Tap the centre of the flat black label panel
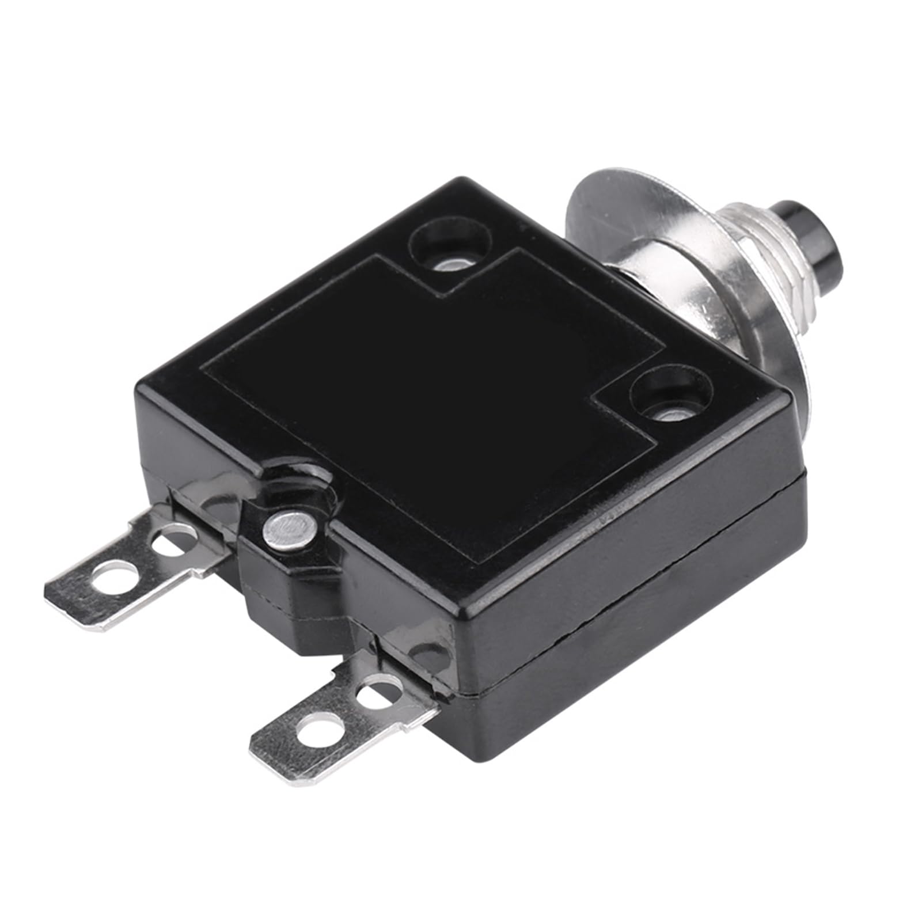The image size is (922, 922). point(432,403)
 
